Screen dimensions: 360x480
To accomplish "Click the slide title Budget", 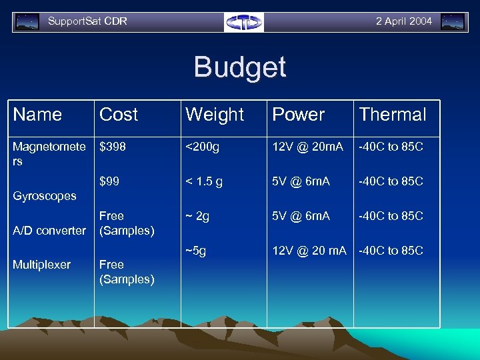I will pyautogui.click(x=240, y=67).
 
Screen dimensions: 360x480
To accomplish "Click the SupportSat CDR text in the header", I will pyautogui.click(x=87, y=21).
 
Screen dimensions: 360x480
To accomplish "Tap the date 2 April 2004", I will pyautogui.click(x=403, y=21).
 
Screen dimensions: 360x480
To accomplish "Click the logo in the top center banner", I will pyautogui.click(x=244, y=22).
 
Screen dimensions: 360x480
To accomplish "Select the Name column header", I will pyautogui.click(x=37, y=115).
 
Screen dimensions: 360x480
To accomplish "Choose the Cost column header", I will pyautogui.click(x=119, y=115).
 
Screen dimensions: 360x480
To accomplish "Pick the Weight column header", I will pyautogui.click(x=215, y=115).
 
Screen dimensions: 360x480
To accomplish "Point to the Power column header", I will pyautogui.click(x=299, y=115).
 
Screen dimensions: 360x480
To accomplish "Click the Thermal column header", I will pyautogui.click(x=393, y=115).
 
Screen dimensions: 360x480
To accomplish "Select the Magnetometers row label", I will pyautogui.click(x=49, y=153).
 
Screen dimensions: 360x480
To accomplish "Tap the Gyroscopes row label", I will pyautogui.click(x=45, y=196).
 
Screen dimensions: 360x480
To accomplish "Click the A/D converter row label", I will pyautogui.click(x=49, y=231).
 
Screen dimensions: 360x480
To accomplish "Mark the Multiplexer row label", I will pyautogui.click(x=41, y=265).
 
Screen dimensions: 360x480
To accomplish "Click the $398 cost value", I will pyautogui.click(x=112, y=146).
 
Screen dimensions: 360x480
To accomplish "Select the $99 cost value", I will pyautogui.click(x=109, y=181).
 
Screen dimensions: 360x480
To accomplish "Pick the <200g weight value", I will pyautogui.click(x=202, y=146).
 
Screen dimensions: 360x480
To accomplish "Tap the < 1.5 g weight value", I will pyautogui.click(x=204, y=181).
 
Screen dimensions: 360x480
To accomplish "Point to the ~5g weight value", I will pyautogui.click(x=195, y=251).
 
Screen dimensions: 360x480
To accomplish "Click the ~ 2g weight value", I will pyautogui.click(x=197, y=216).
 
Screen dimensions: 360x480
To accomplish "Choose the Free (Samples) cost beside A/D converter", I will pyautogui.click(x=127, y=223).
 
